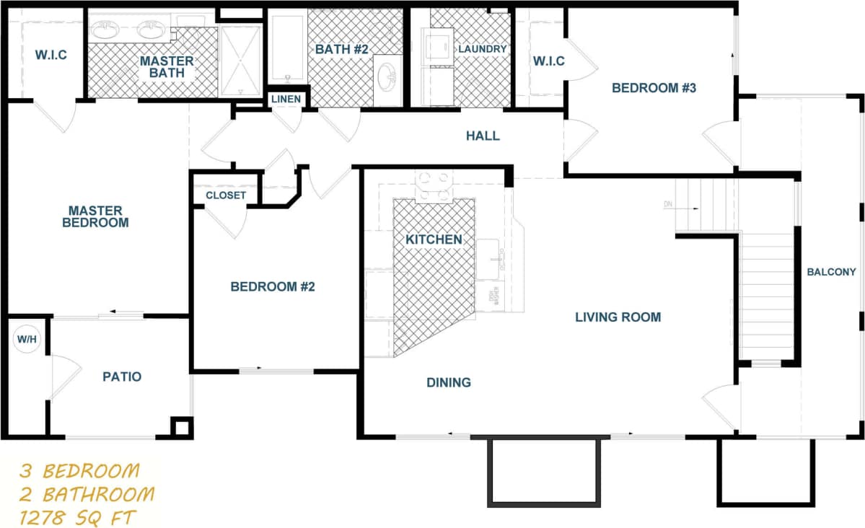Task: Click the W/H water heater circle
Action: pyautogui.click(x=27, y=339)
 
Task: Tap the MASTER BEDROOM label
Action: pyautogui.click(x=95, y=216)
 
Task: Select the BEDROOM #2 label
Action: pyautogui.click(x=273, y=286)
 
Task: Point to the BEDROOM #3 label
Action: pyautogui.click(x=654, y=88)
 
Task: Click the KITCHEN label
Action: pyautogui.click(x=433, y=239)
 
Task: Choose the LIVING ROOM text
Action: pyautogui.click(x=618, y=317)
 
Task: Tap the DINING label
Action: pyautogui.click(x=449, y=382)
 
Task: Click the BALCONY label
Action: pyautogui.click(x=831, y=272)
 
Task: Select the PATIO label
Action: pyautogui.click(x=122, y=377)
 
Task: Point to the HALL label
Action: pyautogui.click(x=483, y=136)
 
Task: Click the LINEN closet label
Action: pyautogui.click(x=286, y=99)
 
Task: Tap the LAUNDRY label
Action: pyautogui.click(x=483, y=49)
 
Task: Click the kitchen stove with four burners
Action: pyautogui.click(x=432, y=185)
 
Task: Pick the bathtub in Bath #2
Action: pyautogui.click(x=287, y=48)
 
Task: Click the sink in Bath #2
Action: pyautogui.click(x=387, y=74)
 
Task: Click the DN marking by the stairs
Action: pyautogui.click(x=669, y=205)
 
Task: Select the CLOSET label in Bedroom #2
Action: pyautogui.click(x=226, y=195)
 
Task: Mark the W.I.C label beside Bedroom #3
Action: pyautogui.click(x=548, y=61)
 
